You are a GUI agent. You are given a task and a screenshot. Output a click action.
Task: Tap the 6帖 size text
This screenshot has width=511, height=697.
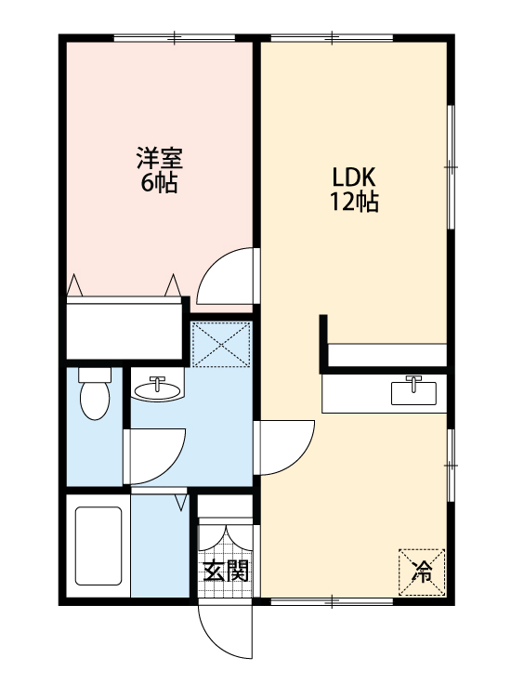point(158,183)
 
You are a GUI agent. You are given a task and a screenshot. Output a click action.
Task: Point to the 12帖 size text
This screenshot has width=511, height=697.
point(353,202)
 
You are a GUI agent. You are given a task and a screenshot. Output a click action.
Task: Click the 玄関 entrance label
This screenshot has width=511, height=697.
point(226,571)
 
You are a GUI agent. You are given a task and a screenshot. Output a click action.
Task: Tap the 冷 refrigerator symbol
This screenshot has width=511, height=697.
point(423,572)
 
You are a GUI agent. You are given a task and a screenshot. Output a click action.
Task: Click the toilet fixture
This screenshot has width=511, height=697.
point(94,397)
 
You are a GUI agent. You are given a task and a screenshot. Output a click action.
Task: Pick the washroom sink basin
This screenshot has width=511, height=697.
point(157,388)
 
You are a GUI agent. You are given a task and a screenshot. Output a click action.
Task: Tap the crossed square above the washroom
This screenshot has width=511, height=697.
point(222,344)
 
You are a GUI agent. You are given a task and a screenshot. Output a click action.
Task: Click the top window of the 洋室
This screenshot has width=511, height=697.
point(176,37)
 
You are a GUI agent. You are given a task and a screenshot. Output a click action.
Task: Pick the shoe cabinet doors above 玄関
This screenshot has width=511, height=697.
point(225,540)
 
